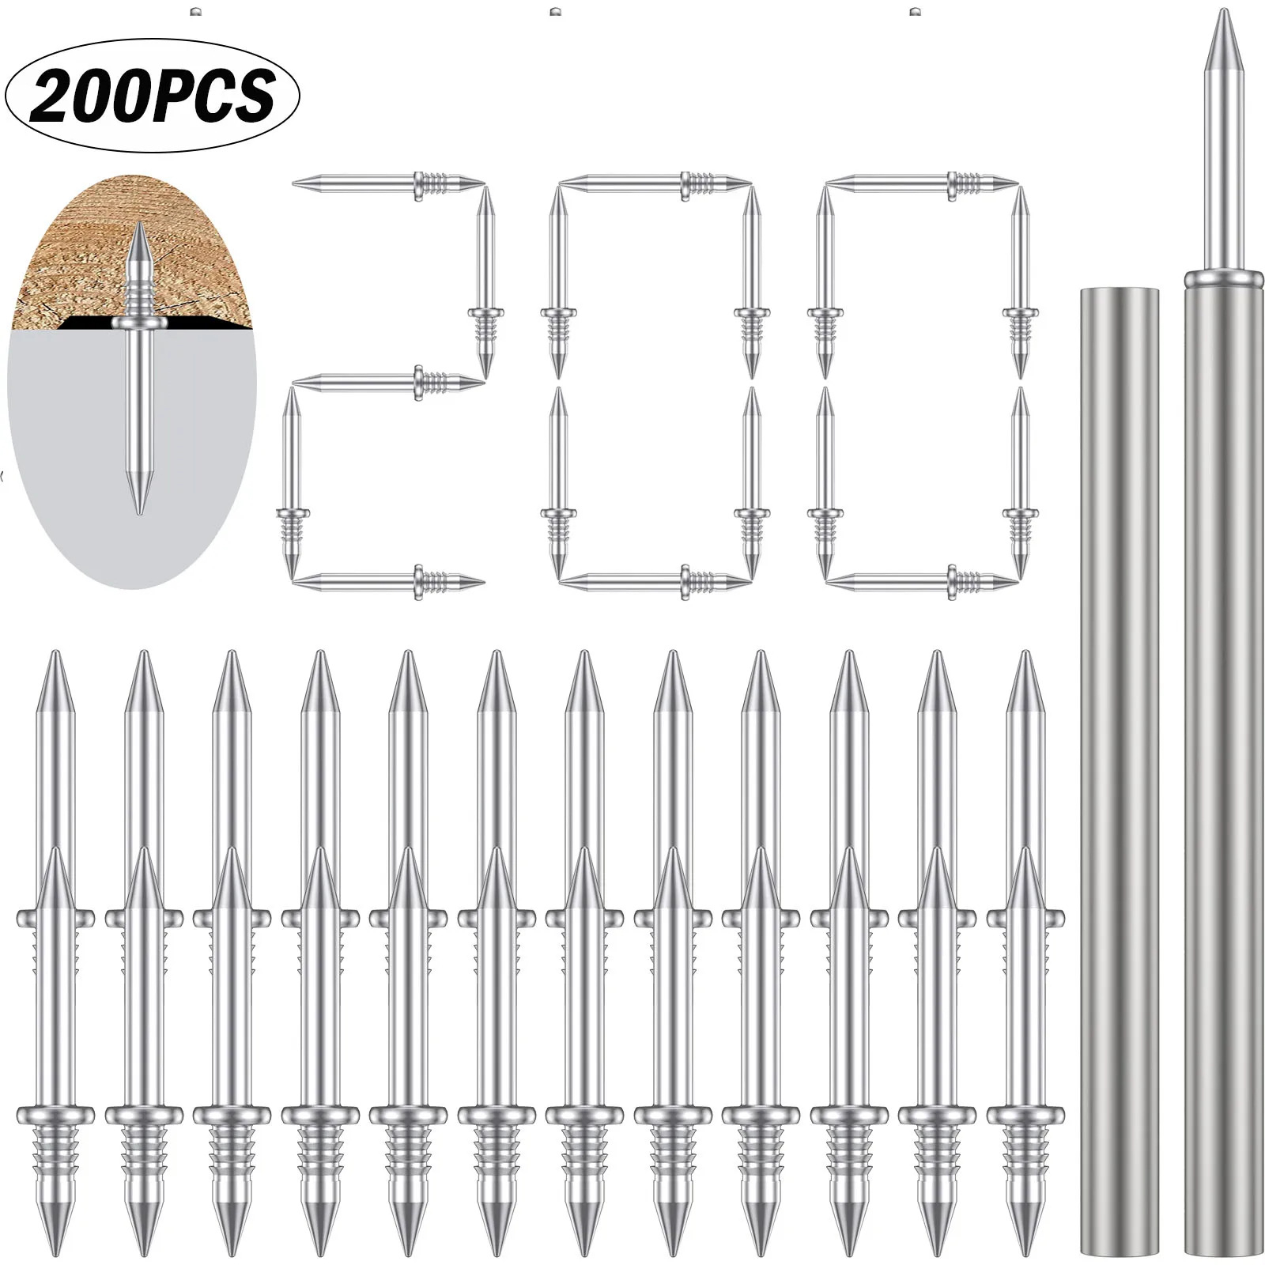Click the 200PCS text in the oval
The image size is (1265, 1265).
tap(152, 95)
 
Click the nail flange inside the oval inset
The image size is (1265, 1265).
tap(139, 323)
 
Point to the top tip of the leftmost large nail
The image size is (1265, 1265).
tap(55, 655)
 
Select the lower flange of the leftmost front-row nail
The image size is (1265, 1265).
tap(55, 1114)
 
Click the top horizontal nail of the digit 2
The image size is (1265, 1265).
tap(387, 185)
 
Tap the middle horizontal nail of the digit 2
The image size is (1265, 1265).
tap(387, 383)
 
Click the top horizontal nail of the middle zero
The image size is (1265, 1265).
tap(655, 185)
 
